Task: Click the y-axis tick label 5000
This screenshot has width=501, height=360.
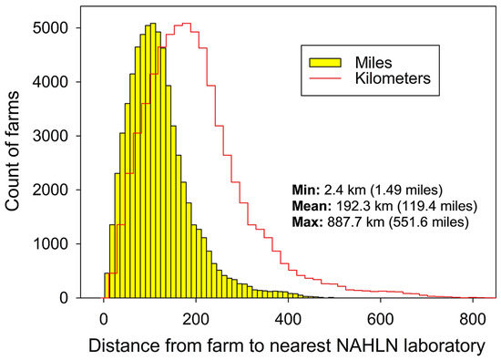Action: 50,28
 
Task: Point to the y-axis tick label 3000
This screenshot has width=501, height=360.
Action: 50,136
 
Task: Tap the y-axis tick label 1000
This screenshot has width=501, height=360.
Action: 50,244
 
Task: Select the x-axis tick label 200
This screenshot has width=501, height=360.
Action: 196,319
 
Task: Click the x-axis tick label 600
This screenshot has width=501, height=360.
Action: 380,319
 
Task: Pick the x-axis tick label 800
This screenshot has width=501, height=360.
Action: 472,319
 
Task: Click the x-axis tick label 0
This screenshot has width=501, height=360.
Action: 104,319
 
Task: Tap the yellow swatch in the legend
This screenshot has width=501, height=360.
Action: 325,63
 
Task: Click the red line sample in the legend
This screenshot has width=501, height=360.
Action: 325,78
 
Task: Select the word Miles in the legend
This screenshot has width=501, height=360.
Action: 373,63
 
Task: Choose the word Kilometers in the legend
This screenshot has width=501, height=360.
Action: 393,78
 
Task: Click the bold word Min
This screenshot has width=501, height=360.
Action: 306,190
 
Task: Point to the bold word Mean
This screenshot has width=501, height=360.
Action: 312,206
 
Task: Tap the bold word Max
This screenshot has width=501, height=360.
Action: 308,221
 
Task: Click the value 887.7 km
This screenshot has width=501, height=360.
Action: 355,221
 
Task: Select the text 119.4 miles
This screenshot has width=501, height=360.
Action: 436,206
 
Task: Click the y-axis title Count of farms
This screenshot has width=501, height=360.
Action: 12,151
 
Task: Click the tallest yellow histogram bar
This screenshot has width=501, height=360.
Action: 153,160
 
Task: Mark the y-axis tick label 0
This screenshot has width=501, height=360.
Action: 64,298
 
